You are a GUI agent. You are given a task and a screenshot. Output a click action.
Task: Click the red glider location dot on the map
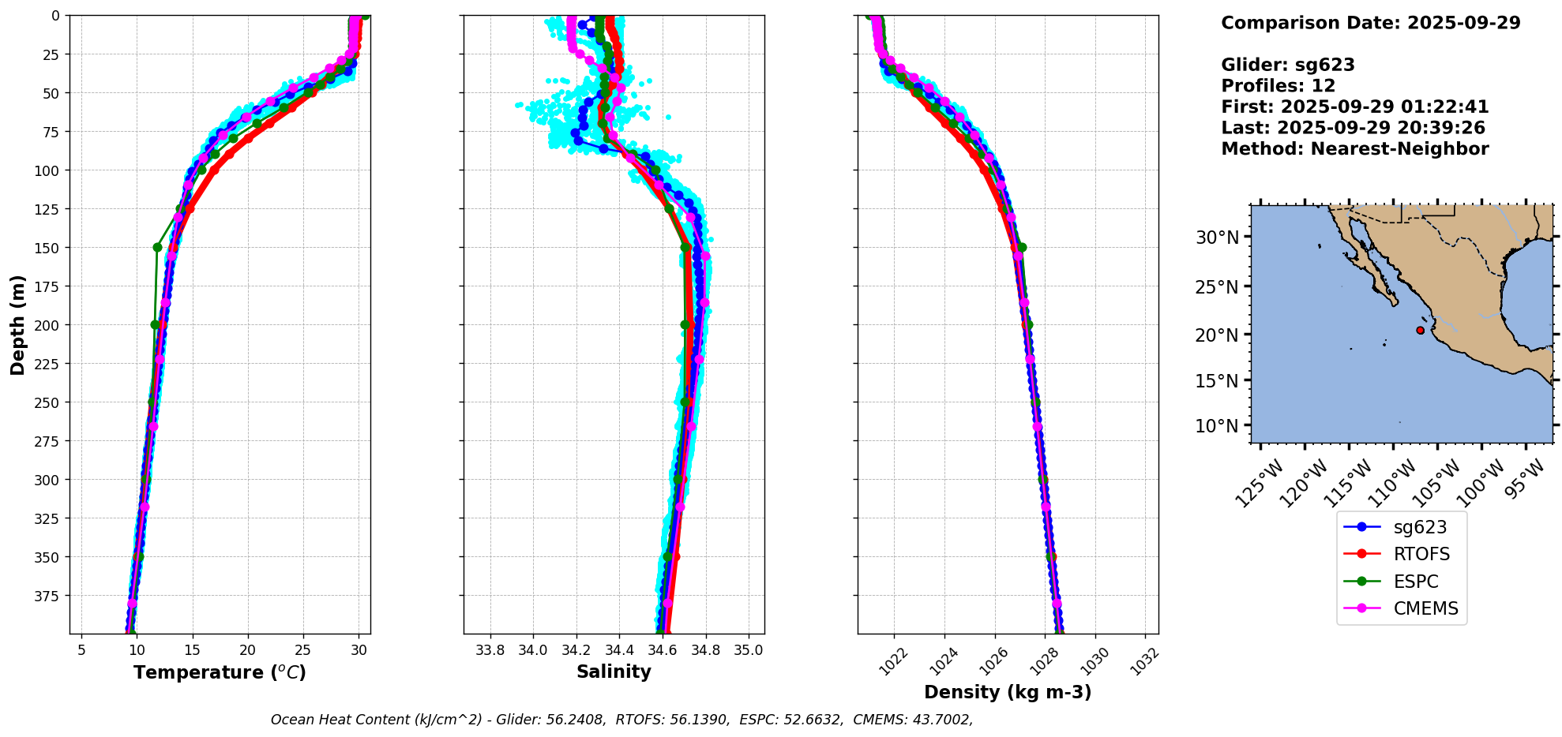pos(1420,331)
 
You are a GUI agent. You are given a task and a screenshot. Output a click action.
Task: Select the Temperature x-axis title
pos(220,672)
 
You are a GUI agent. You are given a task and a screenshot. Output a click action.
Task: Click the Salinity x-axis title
pos(614,672)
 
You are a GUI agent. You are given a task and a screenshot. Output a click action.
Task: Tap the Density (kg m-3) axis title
pos(1008,692)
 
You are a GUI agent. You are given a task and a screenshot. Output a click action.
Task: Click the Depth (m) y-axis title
pos(18,324)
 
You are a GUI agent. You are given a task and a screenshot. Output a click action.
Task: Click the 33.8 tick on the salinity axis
pos(490,651)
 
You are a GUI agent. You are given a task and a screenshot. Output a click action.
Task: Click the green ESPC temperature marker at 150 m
pos(157,248)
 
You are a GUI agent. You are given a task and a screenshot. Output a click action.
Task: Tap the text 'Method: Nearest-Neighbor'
pos(1354,149)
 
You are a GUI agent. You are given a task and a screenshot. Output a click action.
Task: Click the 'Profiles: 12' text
pos(1278,86)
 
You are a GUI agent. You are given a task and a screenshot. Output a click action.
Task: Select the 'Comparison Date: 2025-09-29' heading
pos(1370,23)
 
